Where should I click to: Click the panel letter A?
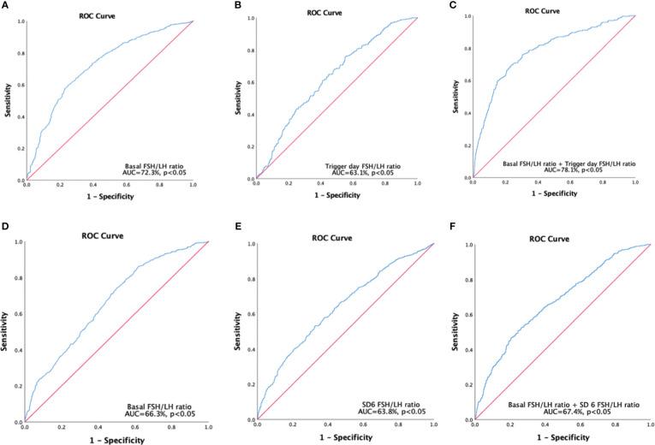click(5, 5)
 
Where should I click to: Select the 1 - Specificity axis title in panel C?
click(554, 194)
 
